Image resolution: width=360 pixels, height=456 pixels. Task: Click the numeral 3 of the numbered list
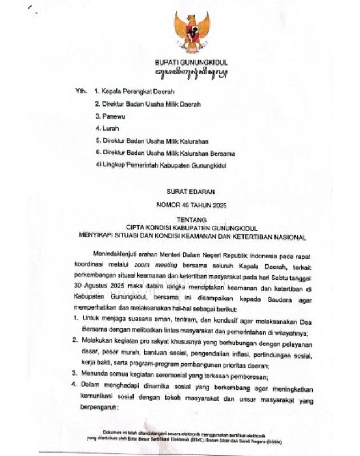75,373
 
